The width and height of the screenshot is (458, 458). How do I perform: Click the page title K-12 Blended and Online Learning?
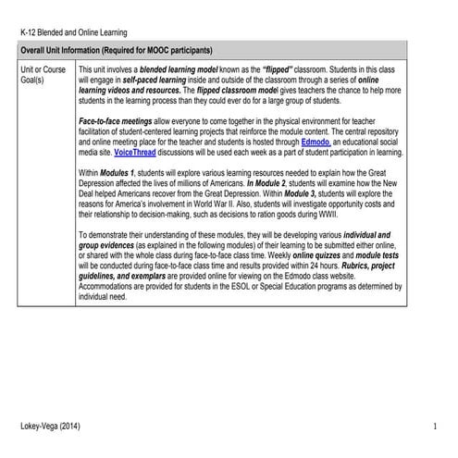[74, 33]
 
